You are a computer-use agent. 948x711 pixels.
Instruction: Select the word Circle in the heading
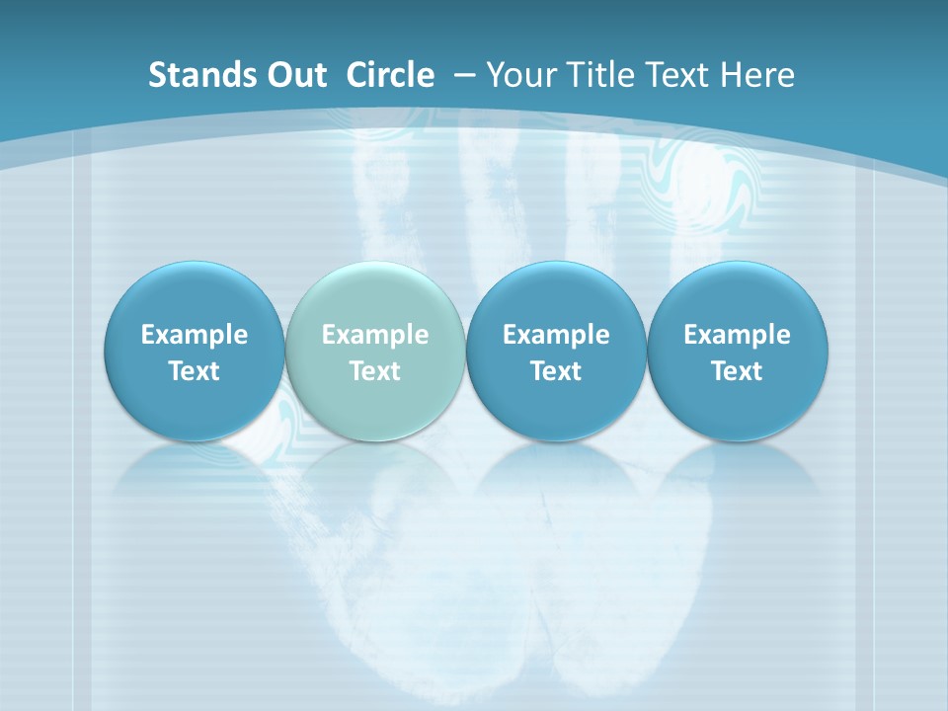390,75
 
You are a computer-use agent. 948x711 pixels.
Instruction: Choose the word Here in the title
757,75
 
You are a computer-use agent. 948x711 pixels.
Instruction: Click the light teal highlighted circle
375,296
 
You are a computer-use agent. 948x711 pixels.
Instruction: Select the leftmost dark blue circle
194,296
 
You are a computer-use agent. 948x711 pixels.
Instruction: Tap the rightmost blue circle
737,296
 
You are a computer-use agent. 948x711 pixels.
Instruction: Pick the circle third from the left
556,296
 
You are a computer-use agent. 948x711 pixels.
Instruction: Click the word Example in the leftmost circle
194,335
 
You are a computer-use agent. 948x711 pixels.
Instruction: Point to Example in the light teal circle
375,335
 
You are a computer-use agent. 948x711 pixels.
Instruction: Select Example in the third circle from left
556,335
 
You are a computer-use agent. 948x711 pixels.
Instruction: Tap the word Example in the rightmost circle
737,335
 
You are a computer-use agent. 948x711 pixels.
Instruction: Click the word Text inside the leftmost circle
194,371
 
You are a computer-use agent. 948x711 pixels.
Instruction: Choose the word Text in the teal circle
375,371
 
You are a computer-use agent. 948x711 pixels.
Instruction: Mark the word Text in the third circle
556,371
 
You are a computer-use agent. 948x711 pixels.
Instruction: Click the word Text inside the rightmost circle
737,371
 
